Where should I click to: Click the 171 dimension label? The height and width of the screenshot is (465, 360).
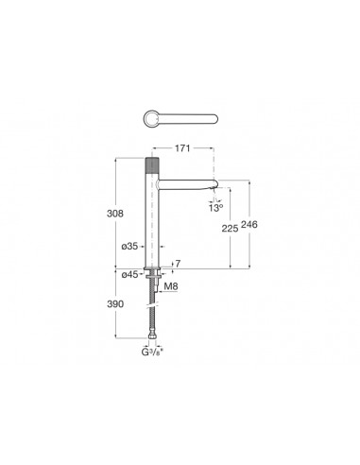coord(182,148)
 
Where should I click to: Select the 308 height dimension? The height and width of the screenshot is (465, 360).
coord(115,214)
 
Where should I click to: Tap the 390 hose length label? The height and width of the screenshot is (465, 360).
coord(115,304)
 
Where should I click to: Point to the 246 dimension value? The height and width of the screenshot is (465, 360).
coord(249,224)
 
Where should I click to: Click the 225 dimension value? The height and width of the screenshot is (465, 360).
coord(230,229)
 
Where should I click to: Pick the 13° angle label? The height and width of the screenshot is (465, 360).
coord(215,208)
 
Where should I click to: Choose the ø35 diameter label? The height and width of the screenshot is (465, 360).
coord(129,246)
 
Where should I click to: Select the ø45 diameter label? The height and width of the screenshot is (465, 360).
coord(129,275)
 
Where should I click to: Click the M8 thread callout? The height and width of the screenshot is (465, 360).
coord(171,286)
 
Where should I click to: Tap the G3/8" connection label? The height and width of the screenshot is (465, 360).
coord(152,352)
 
